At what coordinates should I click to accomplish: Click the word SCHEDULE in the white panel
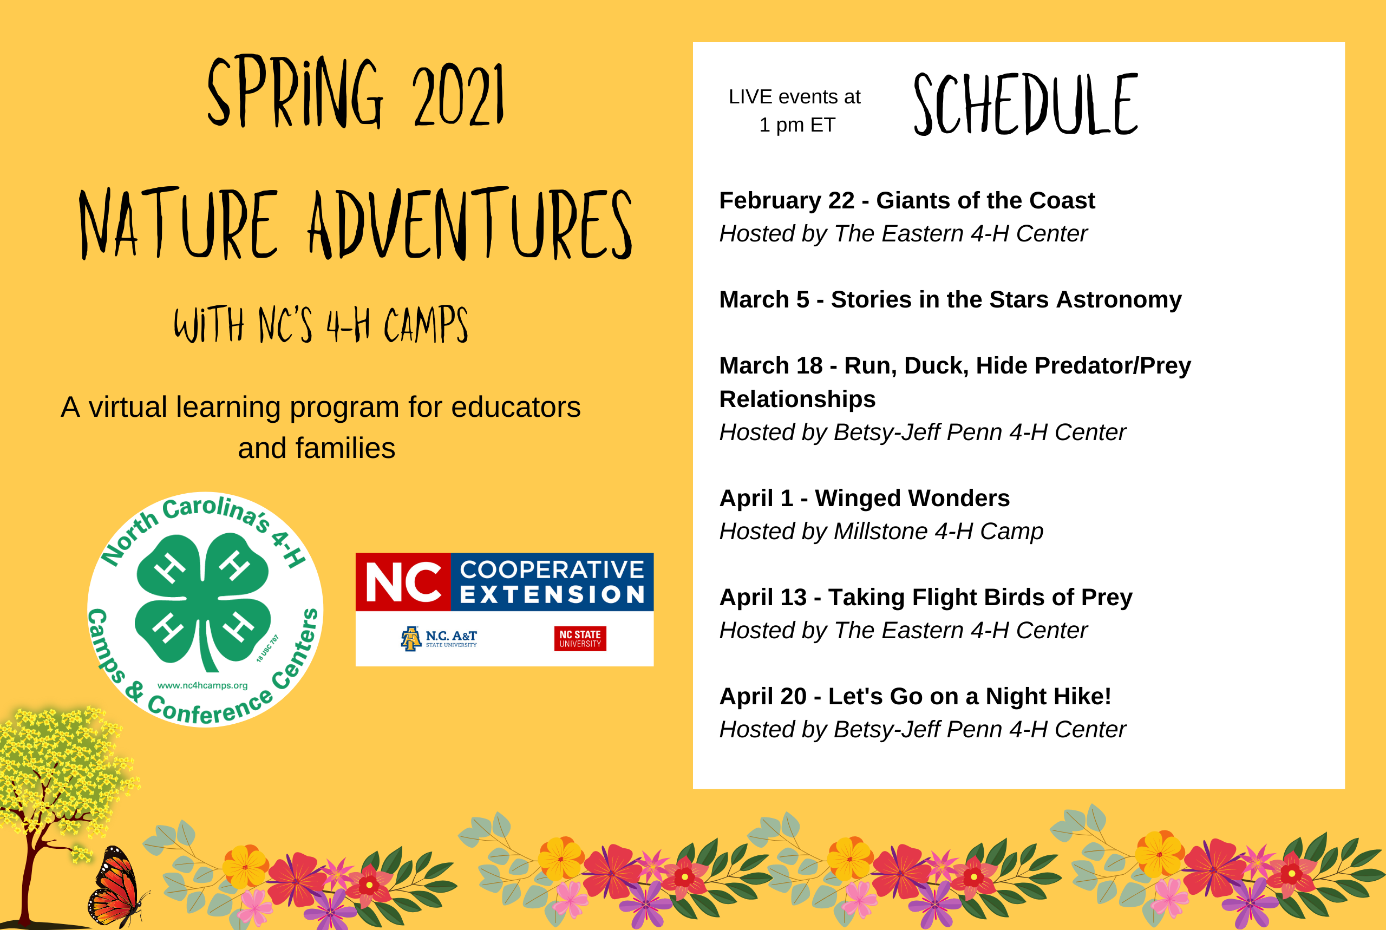click(x=1025, y=104)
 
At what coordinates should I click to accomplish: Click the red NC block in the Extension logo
click(x=403, y=582)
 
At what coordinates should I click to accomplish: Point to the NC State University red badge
click(x=580, y=639)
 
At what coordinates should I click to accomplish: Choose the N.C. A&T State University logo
click(x=439, y=639)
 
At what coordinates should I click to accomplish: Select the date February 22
click(x=787, y=200)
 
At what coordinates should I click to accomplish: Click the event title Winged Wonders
click(x=912, y=498)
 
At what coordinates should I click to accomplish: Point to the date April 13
click(x=763, y=597)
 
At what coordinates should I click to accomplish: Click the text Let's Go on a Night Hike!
click(x=970, y=696)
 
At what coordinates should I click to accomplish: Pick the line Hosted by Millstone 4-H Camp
click(x=881, y=532)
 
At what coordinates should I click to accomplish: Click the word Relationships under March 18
click(x=797, y=399)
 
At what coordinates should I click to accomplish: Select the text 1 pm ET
click(x=797, y=125)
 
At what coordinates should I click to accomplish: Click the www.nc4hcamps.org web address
click(x=203, y=686)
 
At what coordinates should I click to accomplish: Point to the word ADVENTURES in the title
click(x=470, y=224)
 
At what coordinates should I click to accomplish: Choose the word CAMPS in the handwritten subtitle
click(x=426, y=324)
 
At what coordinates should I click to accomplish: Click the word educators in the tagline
click(x=516, y=408)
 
